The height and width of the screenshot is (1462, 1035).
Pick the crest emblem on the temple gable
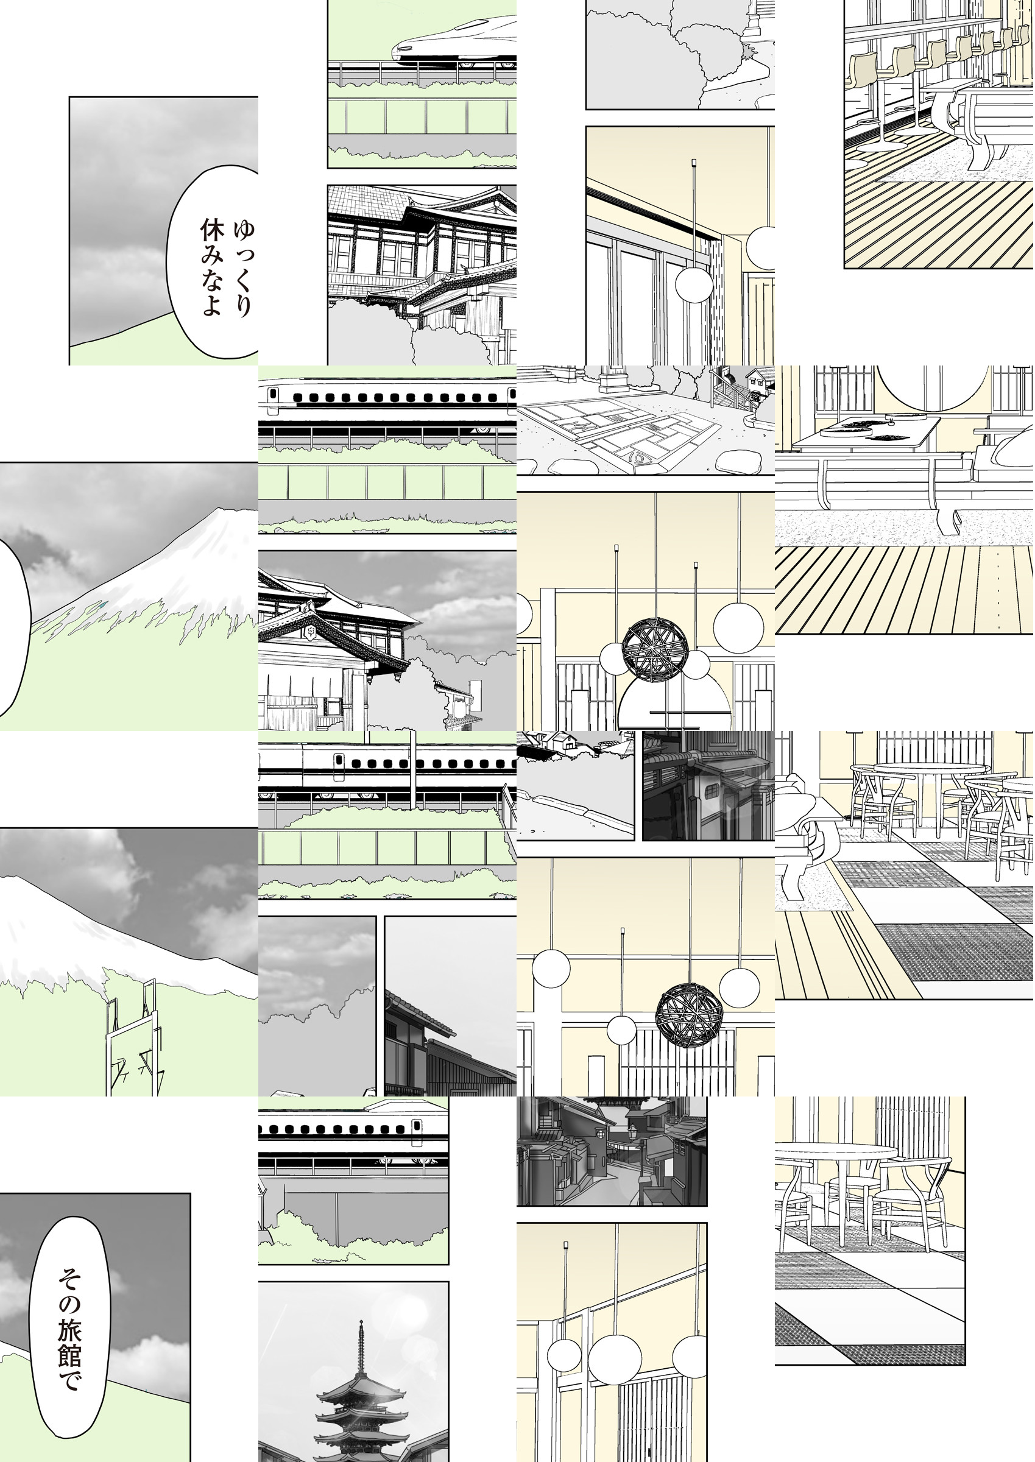point(312,632)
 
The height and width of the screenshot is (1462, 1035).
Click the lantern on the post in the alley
point(632,1132)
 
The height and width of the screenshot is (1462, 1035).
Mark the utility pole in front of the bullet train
point(414,771)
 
